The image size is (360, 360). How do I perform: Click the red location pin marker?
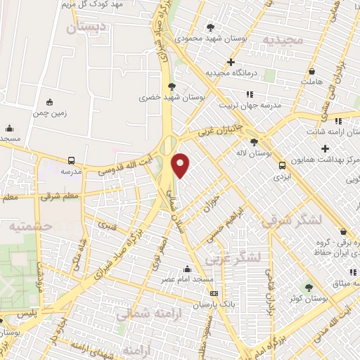[x=181, y=165]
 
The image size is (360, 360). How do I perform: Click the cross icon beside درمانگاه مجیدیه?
[x=231, y=62]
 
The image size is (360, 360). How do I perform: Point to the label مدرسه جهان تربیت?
[x=250, y=105]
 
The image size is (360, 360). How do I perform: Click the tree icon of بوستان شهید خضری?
[x=172, y=86]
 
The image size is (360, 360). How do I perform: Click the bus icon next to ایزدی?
[x=282, y=166]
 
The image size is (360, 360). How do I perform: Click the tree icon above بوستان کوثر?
[x=308, y=287]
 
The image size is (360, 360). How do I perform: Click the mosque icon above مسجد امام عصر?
[x=187, y=268]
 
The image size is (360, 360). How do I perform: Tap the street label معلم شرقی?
[x=60, y=196]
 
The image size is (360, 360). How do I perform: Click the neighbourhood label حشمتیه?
[x=30, y=226]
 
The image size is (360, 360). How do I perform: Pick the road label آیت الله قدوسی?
[x=123, y=163]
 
